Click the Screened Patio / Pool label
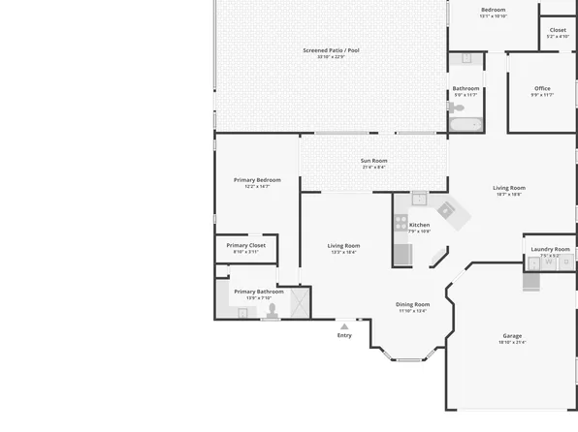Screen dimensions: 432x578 click(x=331, y=49)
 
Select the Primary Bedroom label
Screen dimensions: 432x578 click(x=257, y=180)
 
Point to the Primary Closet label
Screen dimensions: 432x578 click(x=245, y=246)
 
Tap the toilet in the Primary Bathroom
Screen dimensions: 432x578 click(x=273, y=311)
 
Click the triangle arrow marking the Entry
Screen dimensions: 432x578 click(x=343, y=326)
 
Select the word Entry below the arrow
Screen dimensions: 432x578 click(x=344, y=336)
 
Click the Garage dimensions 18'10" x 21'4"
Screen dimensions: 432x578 click(x=511, y=343)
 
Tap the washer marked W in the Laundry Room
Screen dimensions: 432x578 click(x=549, y=262)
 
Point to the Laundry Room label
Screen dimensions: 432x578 click(x=550, y=249)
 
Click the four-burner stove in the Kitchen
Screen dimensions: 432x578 click(x=401, y=222)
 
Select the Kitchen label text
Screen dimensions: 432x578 click(x=419, y=225)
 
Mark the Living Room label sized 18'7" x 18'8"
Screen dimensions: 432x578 click(x=509, y=188)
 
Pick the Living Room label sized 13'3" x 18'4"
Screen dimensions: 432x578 click(x=344, y=246)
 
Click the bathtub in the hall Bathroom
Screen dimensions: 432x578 click(x=466, y=124)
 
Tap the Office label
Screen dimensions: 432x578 click(x=542, y=88)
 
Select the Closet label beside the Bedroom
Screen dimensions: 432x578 click(x=558, y=30)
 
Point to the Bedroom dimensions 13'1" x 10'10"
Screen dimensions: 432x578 click(x=493, y=16)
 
